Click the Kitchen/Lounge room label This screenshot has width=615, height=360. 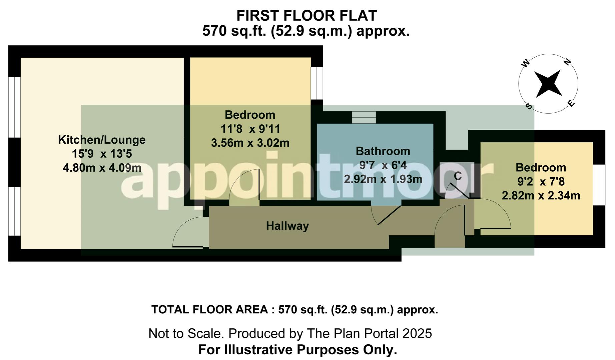(x=102, y=140)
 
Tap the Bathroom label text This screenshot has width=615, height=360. (x=383, y=151)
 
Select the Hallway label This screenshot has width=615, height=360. (x=287, y=226)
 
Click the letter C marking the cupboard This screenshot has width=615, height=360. (x=458, y=176)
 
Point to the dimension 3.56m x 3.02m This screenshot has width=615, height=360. (x=250, y=143)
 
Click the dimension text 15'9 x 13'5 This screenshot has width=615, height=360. (x=102, y=154)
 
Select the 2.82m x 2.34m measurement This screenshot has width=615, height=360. (x=541, y=195)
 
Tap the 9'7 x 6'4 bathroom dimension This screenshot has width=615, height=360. (x=383, y=165)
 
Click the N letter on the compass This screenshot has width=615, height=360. (x=567, y=62)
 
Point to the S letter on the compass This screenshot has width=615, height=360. (x=529, y=106)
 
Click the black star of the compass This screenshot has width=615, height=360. (x=548, y=84)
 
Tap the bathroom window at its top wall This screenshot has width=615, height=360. (x=364, y=117)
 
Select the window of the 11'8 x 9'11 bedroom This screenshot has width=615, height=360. (x=317, y=83)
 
